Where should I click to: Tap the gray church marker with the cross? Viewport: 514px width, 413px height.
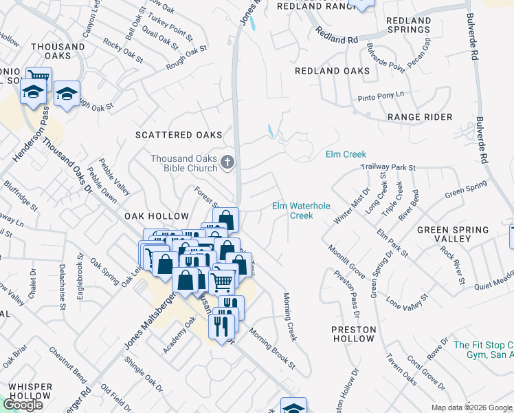point(227,163)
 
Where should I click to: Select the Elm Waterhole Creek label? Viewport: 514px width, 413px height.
point(301,211)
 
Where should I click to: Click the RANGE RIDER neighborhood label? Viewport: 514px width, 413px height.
point(420,118)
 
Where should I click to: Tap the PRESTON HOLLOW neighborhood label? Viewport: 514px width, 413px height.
point(353,334)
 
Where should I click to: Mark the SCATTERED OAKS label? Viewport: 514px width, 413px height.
point(179,134)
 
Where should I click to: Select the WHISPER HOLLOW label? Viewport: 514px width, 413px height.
point(30,391)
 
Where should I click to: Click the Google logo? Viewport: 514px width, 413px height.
point(23,405)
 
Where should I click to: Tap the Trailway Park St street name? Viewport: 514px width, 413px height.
point(390,167)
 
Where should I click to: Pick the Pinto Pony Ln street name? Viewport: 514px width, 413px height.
point(381,96)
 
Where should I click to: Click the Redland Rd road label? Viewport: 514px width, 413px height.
point(337,36)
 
